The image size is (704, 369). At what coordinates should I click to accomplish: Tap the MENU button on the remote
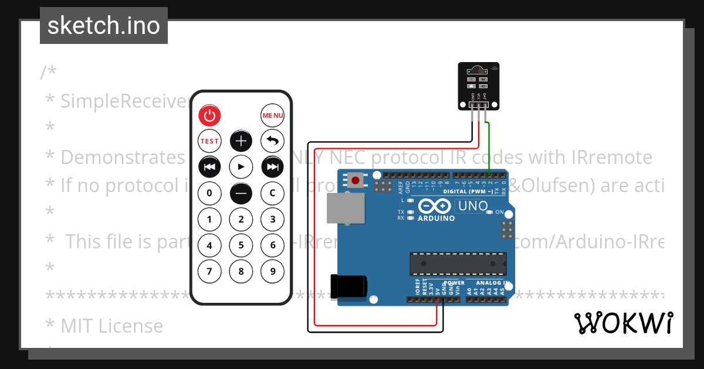click(272, 115)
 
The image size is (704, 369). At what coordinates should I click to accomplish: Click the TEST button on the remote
click(209, 141)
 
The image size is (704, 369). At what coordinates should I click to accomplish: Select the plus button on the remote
click(241, 141)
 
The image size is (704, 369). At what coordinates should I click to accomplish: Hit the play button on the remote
click(241, 167)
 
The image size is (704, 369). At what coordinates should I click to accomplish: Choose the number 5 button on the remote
click(241, 245)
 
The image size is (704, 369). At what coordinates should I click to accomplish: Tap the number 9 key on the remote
click(272, 271)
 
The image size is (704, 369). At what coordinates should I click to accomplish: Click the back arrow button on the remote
click(272, 141)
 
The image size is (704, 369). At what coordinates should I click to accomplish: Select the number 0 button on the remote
click(209, 193)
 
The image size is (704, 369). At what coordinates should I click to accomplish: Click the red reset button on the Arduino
click(355, 179)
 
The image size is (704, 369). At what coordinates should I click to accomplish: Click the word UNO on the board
click(472, 206)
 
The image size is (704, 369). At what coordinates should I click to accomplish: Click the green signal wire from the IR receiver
click(489, 146)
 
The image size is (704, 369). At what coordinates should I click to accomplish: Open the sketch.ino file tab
click(104, 26)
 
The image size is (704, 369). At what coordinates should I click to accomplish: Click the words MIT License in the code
click(112, 325)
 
